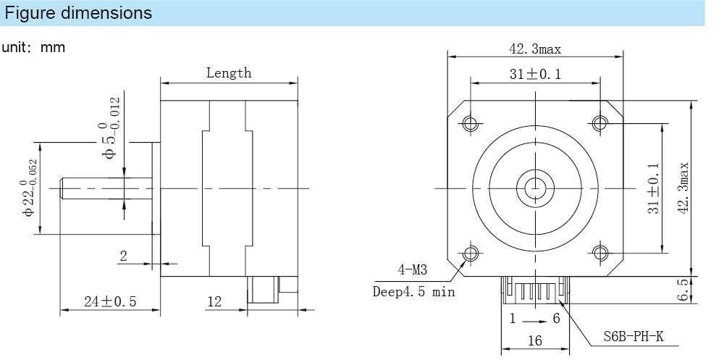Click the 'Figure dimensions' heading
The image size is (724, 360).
pyautogui.click(x=79, y=13)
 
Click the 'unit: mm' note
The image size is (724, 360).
pyautogui.click(x=34, y=48)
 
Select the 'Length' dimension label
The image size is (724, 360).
pyautogui.click(x=229, y=72)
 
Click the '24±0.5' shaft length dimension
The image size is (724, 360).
pyautogui.click(x=109, y=301)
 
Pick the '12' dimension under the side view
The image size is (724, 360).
pyautogui.click(x=214, y=301)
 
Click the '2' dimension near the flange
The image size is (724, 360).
pyautogui.click(x=123, y=255)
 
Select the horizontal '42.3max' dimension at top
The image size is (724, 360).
pyautogui.click(x=535, y=49)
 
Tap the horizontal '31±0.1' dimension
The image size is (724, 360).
pyautogui.click(x=535, y=75)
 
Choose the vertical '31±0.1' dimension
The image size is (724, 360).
pyautogui.click(x=654, y=188)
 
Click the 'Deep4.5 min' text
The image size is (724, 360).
pyautogui.click(x=413, y=292)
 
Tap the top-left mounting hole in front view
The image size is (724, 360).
pyautogui.click(x=471, y=123)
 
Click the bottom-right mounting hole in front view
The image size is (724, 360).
pyautogui.click(x=599, y=252)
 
